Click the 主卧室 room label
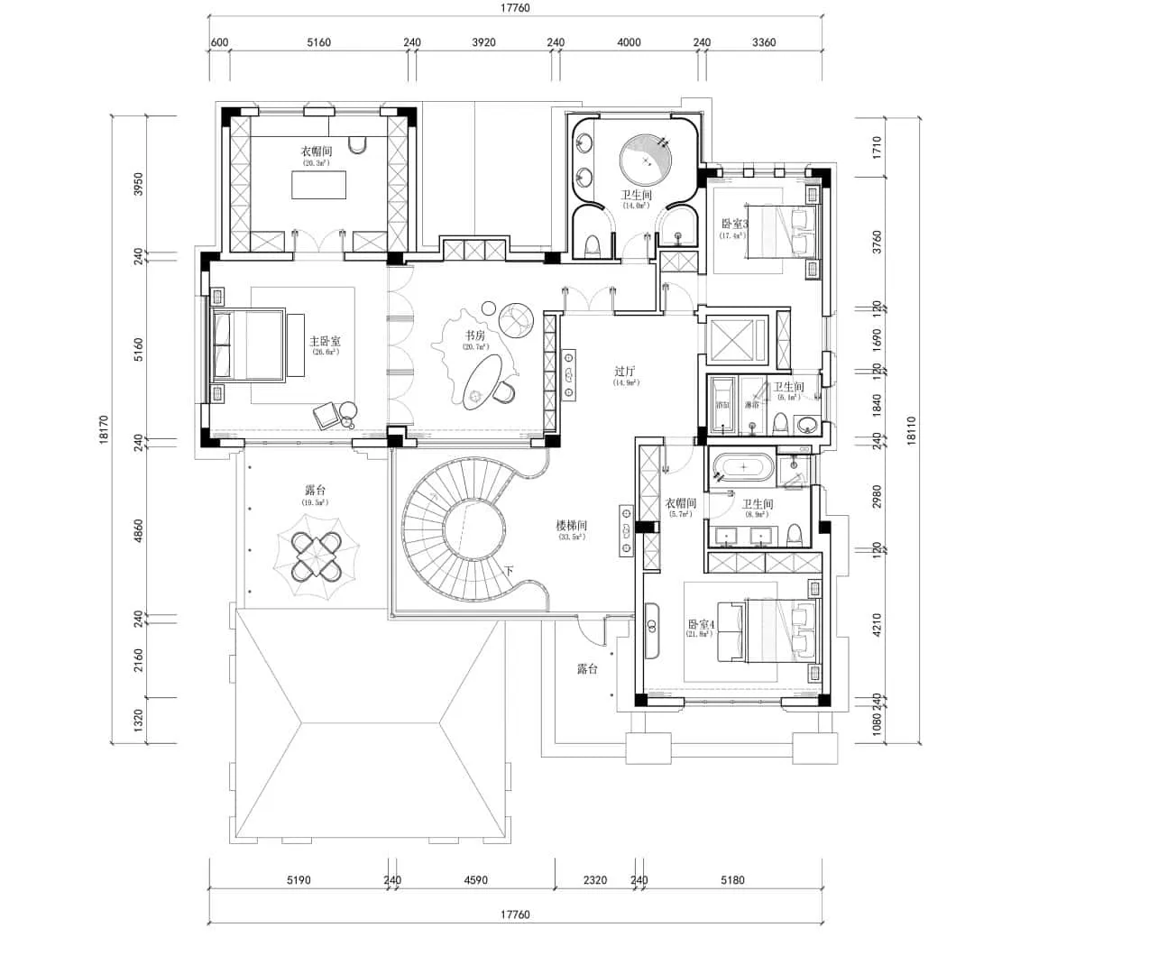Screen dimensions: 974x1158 coord(325,342)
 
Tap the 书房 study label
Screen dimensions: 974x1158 coord(475,335)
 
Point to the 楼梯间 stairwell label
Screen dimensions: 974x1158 coord(571,525)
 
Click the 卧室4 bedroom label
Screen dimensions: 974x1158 coord(700,624)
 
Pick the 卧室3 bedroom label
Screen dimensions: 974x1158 coord(734,224)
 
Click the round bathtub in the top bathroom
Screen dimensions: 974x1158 coord(645,160)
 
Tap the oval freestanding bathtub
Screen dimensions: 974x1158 coord(743,467)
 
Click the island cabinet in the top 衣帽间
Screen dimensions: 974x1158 coord(318,184)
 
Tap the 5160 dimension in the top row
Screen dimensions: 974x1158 coord(318,42)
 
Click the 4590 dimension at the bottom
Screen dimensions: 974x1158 coord(475,880)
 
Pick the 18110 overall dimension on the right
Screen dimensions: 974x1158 coord(911,429)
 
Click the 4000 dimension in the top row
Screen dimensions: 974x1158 coord(629,42)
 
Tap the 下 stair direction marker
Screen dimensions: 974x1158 coord(509,571)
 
